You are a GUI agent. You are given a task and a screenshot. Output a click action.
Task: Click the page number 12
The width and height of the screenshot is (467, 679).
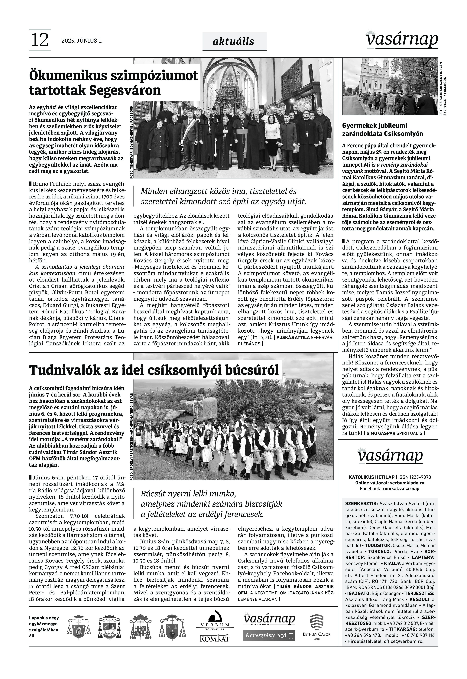click(x=40, y=40)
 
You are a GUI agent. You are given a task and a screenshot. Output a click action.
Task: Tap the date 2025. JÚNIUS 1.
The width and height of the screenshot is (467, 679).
click(x=82, y=41)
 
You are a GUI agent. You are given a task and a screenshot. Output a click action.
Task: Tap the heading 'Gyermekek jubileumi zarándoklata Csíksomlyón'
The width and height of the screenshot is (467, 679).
click(x=382, y=130)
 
